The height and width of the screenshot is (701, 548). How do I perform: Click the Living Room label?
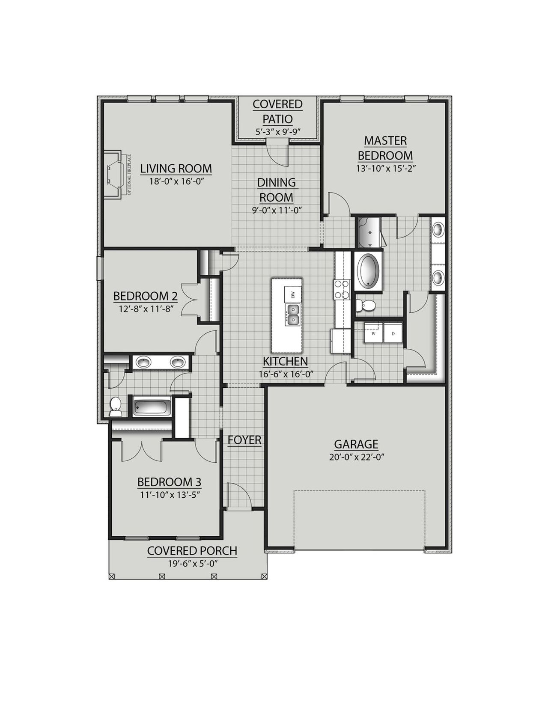point(176,169)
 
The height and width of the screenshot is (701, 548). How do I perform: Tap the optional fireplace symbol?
point(115,175)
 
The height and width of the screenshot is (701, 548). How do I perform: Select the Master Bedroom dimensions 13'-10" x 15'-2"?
point(386,169)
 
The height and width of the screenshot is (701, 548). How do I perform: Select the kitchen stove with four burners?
point(342,289)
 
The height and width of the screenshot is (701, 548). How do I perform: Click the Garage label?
point(356,444)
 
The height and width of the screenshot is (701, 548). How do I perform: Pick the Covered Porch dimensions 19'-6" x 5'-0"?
point(193,564)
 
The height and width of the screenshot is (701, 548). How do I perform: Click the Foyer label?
point(244,440)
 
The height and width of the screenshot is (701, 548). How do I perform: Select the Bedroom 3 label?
point(169,482)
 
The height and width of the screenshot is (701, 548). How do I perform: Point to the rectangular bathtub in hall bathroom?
point(152,407)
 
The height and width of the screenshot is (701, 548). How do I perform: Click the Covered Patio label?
point(277,111)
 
